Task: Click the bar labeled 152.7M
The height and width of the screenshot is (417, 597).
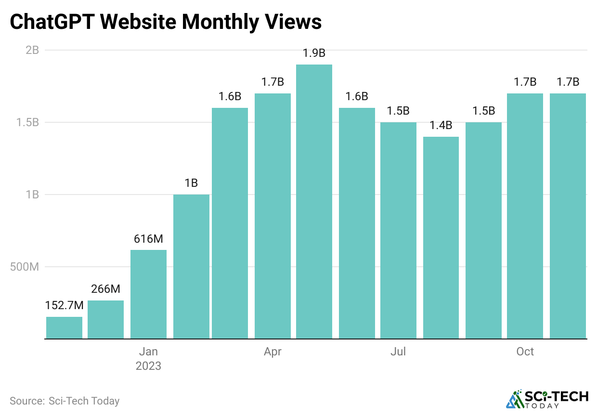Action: point(64,327)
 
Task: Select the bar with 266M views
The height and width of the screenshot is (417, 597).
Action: point(105,319)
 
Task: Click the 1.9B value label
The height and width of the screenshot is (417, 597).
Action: point(314,53)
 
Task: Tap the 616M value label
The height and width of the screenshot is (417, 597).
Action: point(148,239)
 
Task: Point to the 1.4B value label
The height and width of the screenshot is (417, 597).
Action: point(441,126)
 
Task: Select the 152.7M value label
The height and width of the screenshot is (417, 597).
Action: point(64,305)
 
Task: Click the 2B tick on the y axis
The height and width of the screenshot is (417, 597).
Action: point(32,50)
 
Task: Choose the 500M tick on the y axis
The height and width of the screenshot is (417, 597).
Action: point(25,267)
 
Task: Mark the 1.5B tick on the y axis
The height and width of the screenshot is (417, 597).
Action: point(28,122)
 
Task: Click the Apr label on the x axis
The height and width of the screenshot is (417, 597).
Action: point(273,352)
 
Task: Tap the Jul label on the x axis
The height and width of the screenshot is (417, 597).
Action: point(398,352)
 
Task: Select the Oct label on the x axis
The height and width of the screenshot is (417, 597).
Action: point(525,352)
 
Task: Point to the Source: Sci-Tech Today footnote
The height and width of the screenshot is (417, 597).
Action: point(65,401)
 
